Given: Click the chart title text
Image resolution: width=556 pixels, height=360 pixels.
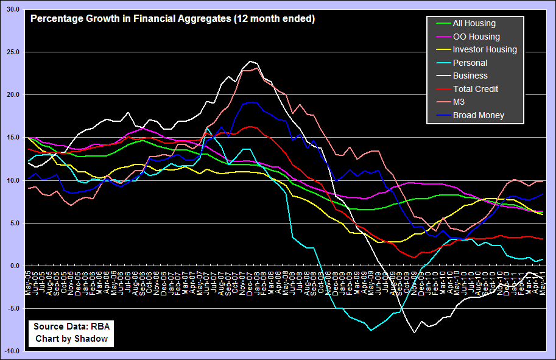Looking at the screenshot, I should click(x=172, y=19).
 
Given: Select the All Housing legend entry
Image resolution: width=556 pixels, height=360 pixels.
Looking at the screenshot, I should click(x=474, y=24).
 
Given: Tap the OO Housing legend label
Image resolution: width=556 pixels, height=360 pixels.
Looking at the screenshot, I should click(x=476, y=37).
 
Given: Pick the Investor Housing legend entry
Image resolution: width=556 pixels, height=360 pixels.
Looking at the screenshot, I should click(x=485, y=50).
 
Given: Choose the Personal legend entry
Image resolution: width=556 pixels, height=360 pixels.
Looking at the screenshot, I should click(x=470, y=63).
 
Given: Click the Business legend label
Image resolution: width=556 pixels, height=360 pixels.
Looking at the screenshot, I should click(x=470, y=76).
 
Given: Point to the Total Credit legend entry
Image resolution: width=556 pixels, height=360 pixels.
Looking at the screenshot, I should click(x=476, y=89).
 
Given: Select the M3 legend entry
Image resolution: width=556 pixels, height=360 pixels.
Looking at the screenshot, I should click(x=459, y=102).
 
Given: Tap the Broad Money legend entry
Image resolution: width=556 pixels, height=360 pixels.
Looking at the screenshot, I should click(x=478, y=115).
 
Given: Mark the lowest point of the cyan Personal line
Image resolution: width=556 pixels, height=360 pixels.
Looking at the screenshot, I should click(x=370, y=330).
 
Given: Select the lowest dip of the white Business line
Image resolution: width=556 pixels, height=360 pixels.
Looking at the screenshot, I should click(x=414, y=333).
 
